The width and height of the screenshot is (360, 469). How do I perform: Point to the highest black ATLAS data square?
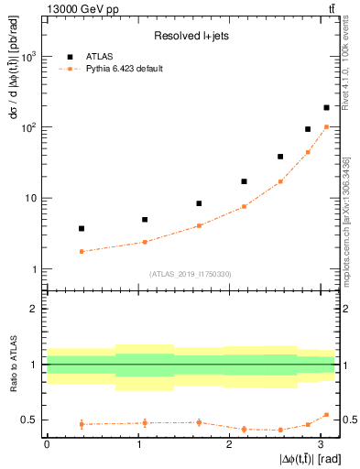click(326, 108)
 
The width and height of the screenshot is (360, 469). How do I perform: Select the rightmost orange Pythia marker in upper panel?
click(326, 127)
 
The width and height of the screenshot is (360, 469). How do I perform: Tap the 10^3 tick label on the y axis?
click(28, 57)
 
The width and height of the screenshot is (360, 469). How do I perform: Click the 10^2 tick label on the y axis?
click(28, 127)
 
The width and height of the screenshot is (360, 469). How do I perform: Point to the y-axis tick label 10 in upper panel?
click(31, 198)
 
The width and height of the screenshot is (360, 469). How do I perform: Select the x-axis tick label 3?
click(321, 444)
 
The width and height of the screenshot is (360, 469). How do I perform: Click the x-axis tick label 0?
click(47, 444)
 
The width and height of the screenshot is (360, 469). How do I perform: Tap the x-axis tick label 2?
click(229, 444)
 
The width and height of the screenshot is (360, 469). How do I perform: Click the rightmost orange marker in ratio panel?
click(326, 415)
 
